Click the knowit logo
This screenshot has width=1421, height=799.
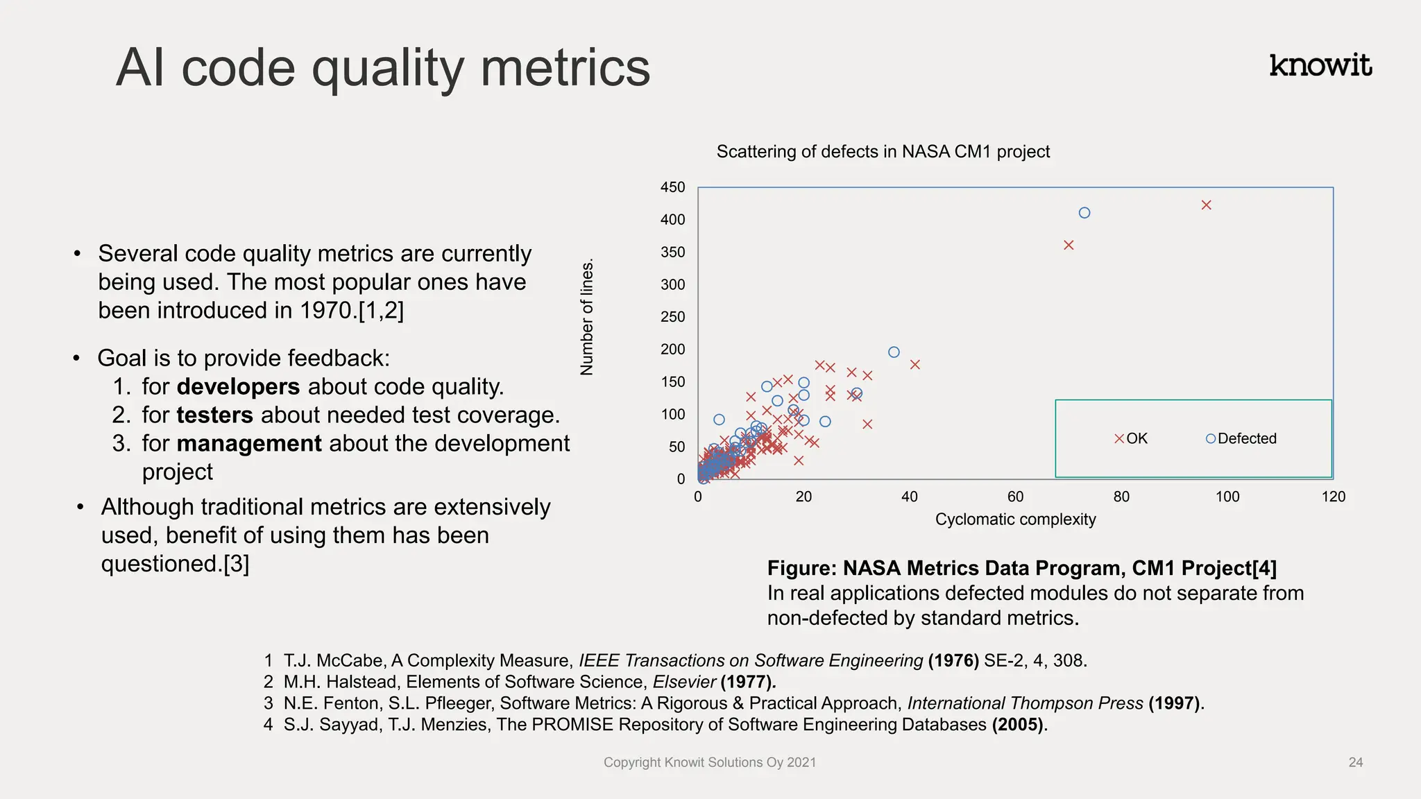tap(1320, 65)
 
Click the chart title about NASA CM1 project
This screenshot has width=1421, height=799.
tap(883, 151)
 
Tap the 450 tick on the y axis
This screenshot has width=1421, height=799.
tap(672, 187)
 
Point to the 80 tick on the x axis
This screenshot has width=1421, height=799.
tap(1121, 497)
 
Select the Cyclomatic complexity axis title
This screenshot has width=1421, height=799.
tap(1015, 519)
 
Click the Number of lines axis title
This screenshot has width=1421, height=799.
tap(587, 317)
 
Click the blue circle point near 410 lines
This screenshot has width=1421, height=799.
tap(1084, 213)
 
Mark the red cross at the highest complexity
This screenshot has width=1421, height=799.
tap(1206, 205)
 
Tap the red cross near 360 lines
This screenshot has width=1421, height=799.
tap(1069, 245)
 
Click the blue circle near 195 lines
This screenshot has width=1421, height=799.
tap(894, 352)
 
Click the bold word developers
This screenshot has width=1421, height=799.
tap(238, 386)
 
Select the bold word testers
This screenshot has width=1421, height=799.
tap(214, 415)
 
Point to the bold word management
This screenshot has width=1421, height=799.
tap(249, 443)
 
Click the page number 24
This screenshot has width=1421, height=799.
tap(1355, 762)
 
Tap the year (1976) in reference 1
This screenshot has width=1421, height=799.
tap(953, 660)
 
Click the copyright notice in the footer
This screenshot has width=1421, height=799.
tap(709, 762)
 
